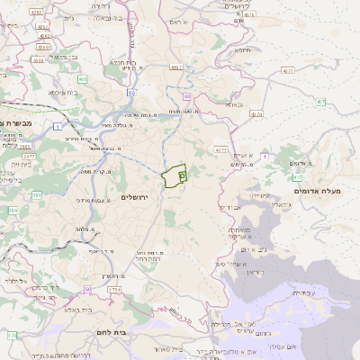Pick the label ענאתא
point(235,104)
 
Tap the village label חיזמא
point(243,51)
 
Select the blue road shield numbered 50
point(131,93)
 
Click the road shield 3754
point(113,290)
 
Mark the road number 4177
point(221,149)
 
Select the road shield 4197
point(176,67)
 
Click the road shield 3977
point(29,155)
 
